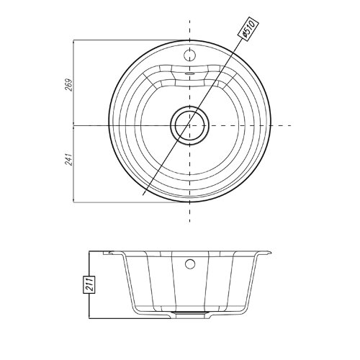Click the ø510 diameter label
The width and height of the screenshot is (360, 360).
248,30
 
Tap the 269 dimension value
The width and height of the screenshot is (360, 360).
69,85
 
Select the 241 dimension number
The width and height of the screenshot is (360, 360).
69,158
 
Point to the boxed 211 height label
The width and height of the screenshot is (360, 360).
89,284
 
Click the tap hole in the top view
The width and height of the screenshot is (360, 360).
190,55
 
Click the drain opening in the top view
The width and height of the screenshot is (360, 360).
190,125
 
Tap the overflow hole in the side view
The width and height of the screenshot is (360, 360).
190,264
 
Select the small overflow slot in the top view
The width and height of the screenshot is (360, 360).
190,73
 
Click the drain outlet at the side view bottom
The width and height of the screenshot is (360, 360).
190,313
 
